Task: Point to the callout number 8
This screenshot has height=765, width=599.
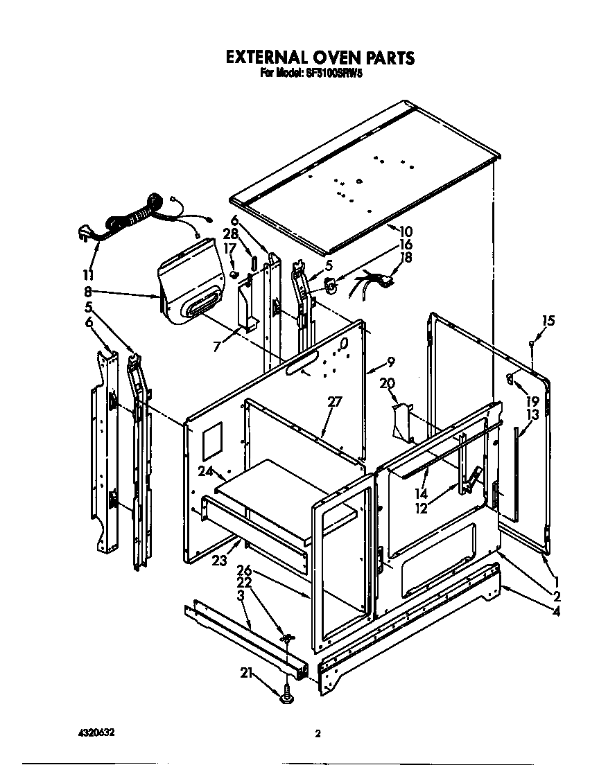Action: pos(88,292)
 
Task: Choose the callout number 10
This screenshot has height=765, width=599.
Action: pos(406,231)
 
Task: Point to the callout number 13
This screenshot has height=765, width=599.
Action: pos(532,414)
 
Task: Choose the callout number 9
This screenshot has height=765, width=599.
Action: pos(391,361)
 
